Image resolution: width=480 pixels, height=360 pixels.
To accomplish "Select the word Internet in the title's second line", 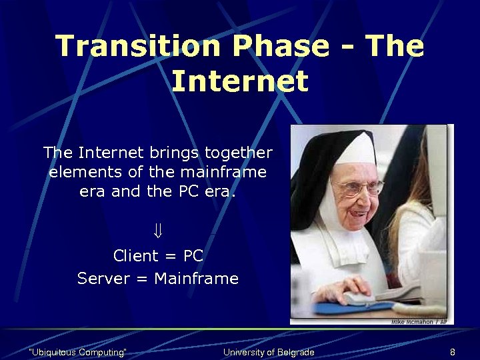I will pyautogui.click(x=240, y=81).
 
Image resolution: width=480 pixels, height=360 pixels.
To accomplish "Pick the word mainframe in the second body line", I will pyautogui.click(x=224, y=172).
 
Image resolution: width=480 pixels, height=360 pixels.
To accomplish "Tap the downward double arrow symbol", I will pyautogui.click(x=158, y=231).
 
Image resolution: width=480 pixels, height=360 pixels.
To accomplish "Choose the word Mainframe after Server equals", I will pyautogui.click(x=196, y=279).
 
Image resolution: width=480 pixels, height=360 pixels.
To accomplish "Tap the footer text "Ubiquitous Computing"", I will pyautogui.click(x=79, y=352).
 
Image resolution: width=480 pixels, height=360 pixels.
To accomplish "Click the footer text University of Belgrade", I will pyautogui.click(x=269, y=352).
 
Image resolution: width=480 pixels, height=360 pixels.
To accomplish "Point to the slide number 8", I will pyautogui.click(x=453, y=352).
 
